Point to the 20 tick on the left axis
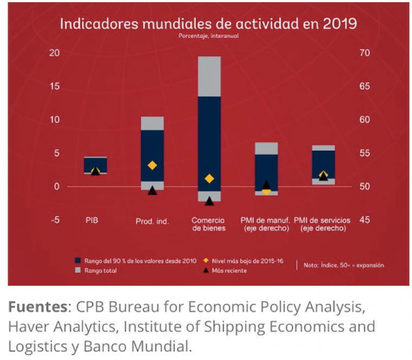54,53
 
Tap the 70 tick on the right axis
364,53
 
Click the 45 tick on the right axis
364,220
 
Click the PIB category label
92,221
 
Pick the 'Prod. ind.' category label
151,221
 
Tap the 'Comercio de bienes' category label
208,224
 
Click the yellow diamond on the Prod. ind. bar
152,165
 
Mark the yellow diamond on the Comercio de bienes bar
209,179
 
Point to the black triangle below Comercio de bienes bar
209,201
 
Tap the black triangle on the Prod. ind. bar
152,190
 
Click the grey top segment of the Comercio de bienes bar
209,76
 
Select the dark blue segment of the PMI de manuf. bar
266,171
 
